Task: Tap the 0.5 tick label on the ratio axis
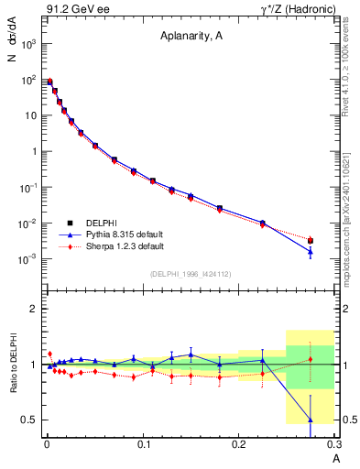pos(30,420)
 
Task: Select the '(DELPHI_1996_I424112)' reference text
pos(190,273)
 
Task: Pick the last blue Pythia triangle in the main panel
pos(311,252)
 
